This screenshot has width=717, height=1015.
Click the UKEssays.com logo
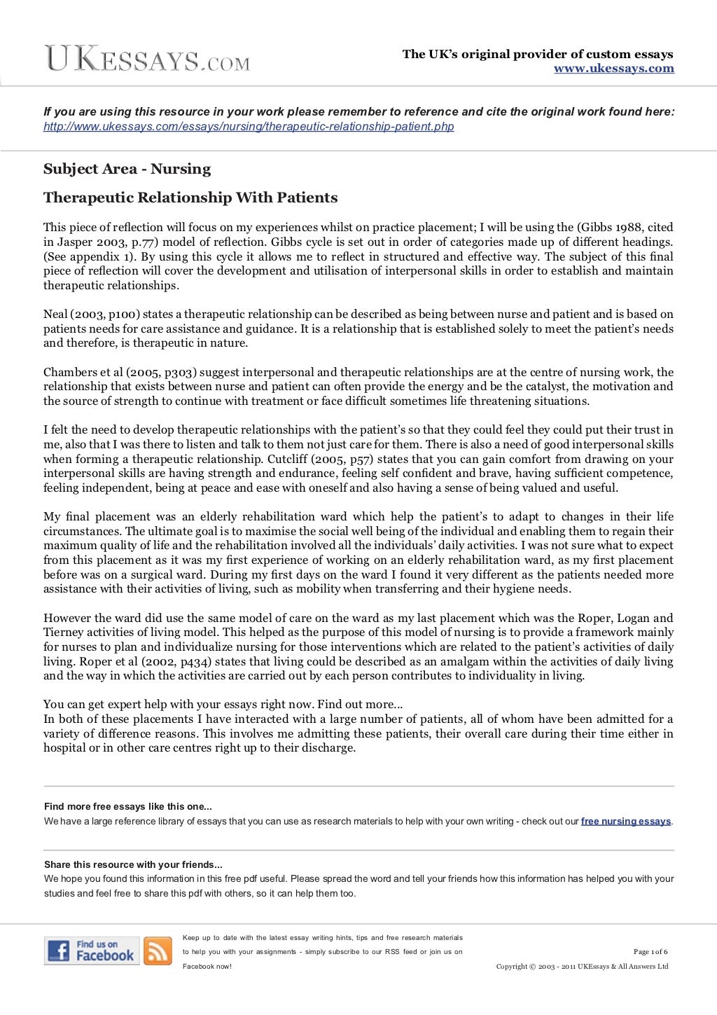pyautogui.click(x=147, y=59)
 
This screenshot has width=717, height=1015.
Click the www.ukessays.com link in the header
pyautogui.click(x=613, y=69)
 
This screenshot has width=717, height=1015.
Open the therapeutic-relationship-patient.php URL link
pyautogui.click(x=249, y=127)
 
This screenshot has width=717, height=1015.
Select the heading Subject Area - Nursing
pyautogui.click(x=127, y=169)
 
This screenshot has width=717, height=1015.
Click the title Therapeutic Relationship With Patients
pyautogui.click(x=190, y=198)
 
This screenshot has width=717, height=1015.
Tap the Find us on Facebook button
pyautogui.click(x=92, y=951)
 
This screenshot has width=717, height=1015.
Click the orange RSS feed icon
pyautogui.click(x=158, y=951)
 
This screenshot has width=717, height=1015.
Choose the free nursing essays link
pyautogui.click(x=625, y=822)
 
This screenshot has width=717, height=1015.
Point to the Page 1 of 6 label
pyautogui.click(x=650, y=951)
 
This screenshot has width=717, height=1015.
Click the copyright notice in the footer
pyautogui.click(x=582, y=967)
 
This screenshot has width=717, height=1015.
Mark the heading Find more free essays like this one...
pyautogui.click(x=128, y=807)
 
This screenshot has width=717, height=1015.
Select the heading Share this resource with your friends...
pyautogui.click(x=133, y=865)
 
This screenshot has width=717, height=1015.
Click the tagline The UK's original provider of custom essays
pyautogui.click(x=537, y=55)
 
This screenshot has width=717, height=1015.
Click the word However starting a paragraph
pyautogui.click(x=67, y=619)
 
